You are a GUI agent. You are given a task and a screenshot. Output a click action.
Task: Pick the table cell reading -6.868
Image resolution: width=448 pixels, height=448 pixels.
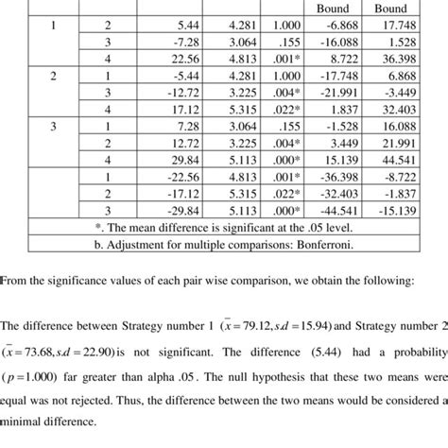[x=356, y=26]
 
